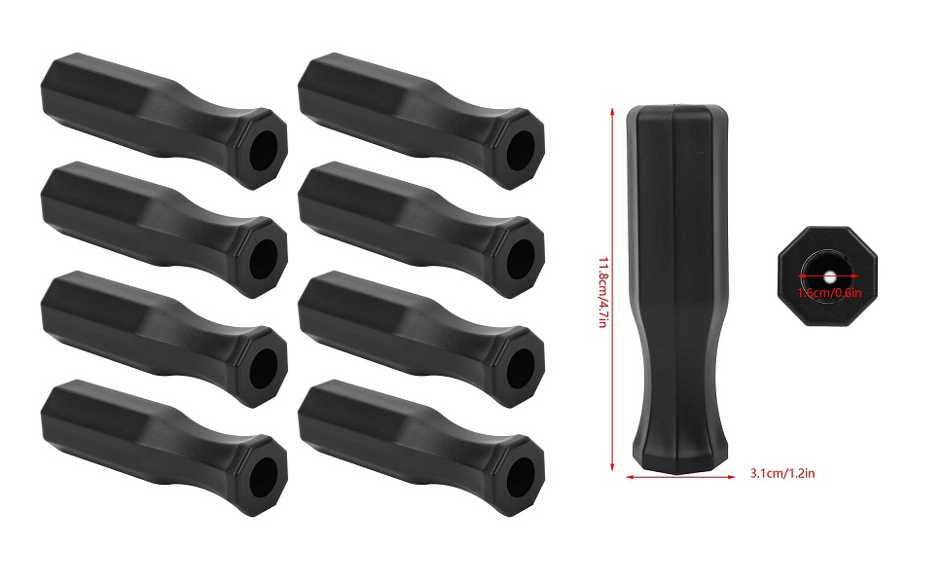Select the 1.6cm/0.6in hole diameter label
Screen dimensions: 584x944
(828, 290)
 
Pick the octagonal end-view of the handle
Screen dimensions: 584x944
(828, 267)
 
